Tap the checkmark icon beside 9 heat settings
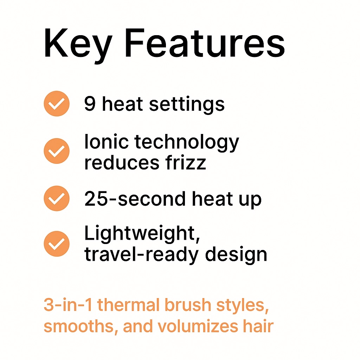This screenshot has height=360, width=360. click(x=57, y=104)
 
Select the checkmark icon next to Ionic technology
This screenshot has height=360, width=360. click(x=57, y=151)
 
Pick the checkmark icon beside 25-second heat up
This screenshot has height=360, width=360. click(x=57, y=198)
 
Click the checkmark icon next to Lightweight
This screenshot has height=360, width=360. click(x=57, y=244)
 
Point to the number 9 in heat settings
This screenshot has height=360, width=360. click(x=90, y=104)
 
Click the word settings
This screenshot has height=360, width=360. click(x=187, y=105)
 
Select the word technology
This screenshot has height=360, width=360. click(x=187, y=143)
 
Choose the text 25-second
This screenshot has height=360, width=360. click(x=135, y=199)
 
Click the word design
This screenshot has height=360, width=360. click(x=236, y=255)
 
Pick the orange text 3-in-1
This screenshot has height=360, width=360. click(x=68, y=305)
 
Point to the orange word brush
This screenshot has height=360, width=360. click(x=188, y=304)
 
